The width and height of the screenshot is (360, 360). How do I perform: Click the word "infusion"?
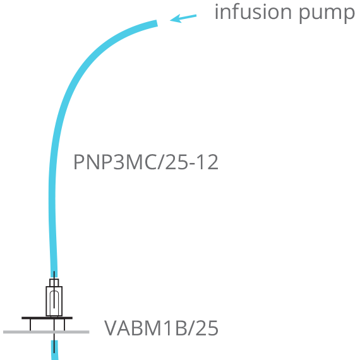[x=253, y=12]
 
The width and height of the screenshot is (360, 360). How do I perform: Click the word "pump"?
[x=327, y=15]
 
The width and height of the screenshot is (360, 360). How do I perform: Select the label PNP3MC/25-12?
[x=146, y=162]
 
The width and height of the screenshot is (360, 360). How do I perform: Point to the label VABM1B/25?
[x=161, y=328]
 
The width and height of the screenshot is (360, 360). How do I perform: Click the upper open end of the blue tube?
[x=157, y=23]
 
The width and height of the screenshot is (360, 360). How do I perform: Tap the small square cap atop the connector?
[x=54, y=282]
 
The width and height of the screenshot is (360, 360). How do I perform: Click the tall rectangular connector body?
[x=54, y=301]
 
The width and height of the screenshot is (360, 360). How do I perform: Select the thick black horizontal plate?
[x=47, y=318]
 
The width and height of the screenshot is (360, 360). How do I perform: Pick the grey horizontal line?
[x=46, y=332]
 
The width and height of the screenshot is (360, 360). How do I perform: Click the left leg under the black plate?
[x=30, y=325]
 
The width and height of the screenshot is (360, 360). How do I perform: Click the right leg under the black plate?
[x=64, y=325]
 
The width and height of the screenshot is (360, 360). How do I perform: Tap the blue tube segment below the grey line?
[x=55, y=350]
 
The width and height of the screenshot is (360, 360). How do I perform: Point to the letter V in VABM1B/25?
[x=112, y=328]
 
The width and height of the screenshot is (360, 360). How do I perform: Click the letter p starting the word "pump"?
[x=305, y=15]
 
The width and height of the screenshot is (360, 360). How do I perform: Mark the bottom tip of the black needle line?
[x=54, y=353]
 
